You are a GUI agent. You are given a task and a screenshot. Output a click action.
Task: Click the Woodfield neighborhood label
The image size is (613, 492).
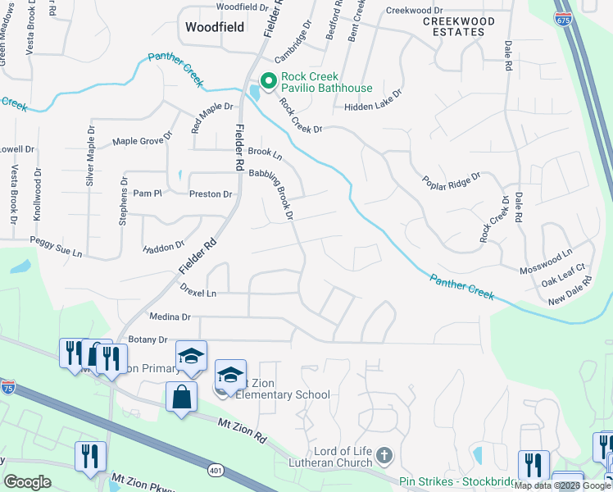coord(214,27)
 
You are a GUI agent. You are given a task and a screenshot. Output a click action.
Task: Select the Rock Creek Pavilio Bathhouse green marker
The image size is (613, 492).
coord(267,80)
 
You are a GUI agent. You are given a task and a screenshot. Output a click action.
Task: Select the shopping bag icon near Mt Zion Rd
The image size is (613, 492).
coord(181,397)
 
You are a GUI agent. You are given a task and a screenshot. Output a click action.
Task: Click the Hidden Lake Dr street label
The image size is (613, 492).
coord(374,106)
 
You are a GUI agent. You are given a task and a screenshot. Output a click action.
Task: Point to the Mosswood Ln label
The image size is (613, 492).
coord(546,270)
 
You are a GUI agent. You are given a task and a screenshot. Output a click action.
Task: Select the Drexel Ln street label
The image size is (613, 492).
coord(198,293)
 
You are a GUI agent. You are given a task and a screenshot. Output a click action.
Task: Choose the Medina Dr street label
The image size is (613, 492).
coord(170,317)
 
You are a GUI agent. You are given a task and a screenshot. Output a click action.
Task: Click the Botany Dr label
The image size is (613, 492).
coord(147,339)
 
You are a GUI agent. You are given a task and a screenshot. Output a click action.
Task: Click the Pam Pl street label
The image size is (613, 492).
coord(148,194)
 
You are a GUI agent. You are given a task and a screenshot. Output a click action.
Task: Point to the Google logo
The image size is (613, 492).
coord(27,482)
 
